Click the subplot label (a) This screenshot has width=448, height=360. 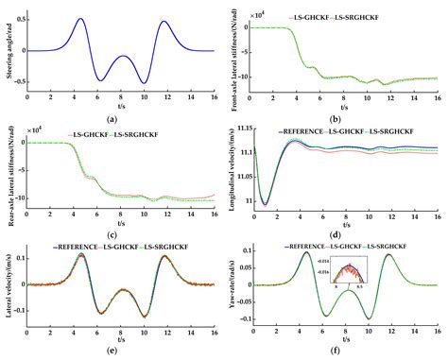[x=112, y=116]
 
